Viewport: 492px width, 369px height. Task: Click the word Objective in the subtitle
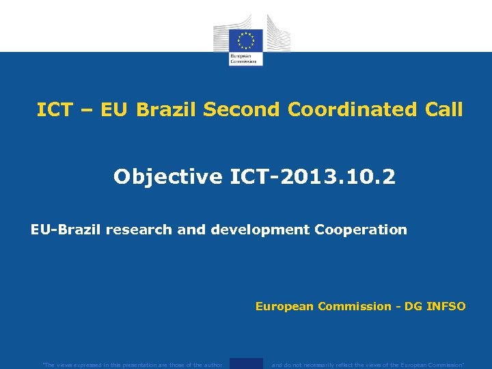(167, 177)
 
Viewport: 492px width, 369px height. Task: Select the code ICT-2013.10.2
(312, 177)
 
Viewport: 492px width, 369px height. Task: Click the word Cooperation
(360, 230)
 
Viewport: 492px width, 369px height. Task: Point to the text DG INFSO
(435, 307)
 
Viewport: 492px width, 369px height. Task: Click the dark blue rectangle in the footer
(246, 364)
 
